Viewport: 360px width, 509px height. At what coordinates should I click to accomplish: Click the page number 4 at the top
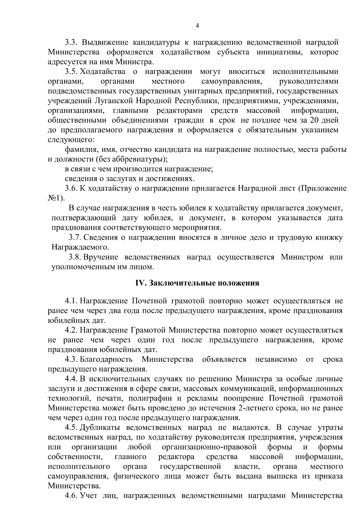[197, 26]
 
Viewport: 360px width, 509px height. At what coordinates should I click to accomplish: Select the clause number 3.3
[72, 42]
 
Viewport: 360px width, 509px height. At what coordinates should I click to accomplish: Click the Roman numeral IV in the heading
[140, 283]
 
